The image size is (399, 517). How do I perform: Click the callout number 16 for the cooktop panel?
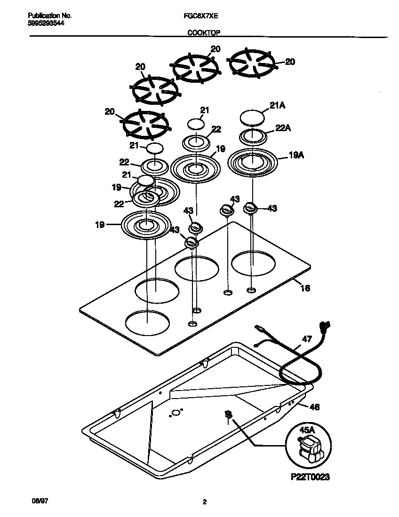click(305, 288)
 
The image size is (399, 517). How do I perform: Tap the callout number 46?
click(314, 407)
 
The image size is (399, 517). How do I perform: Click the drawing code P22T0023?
click(310, 477)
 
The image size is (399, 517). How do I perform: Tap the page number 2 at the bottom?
click(204, 502)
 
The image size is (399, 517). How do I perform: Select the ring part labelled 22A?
click(253, 137)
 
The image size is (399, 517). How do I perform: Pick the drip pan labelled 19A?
click(252, 163)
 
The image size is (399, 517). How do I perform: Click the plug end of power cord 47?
click(324, 325)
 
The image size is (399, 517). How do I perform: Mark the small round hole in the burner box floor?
click(176, 413)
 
